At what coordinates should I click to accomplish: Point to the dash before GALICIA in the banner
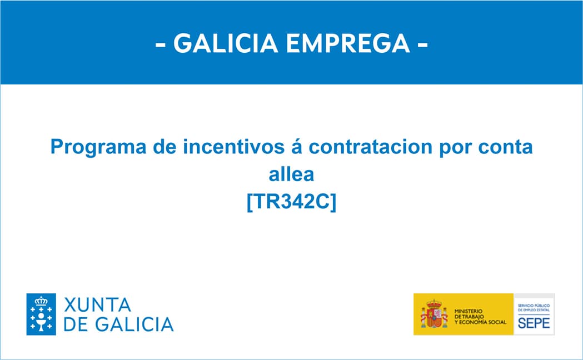click(x=161, y=44)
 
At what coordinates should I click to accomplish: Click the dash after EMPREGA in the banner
click(x=422, y=44)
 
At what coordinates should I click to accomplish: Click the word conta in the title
click(x=509, y=147)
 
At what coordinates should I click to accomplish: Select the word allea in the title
click(x=291, y=174)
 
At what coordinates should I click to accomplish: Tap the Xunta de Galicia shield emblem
click(x=42, y=314)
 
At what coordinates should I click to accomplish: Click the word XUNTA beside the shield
click(x=98, y=305)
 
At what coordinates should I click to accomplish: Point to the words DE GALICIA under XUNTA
click(x=118, y=324)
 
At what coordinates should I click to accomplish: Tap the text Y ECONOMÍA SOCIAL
click(x=480, y=322)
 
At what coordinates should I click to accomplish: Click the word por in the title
click(x=450, y=147)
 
